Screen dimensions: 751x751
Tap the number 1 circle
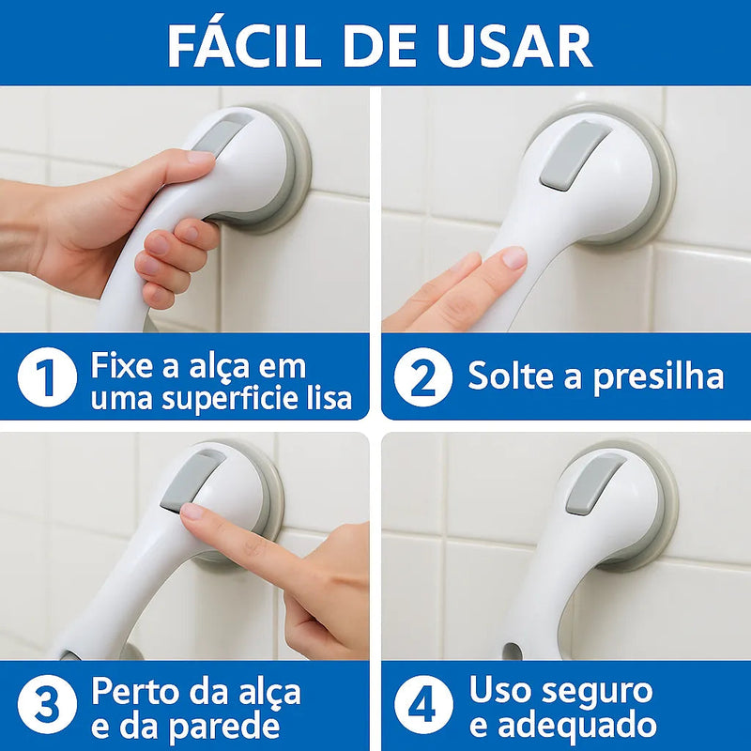[x=46, y=378]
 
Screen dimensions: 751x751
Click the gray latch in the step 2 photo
[x=574, y=154]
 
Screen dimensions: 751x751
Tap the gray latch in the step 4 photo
[x=593, y=483]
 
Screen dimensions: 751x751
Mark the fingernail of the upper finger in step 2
[x=513, y=257]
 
